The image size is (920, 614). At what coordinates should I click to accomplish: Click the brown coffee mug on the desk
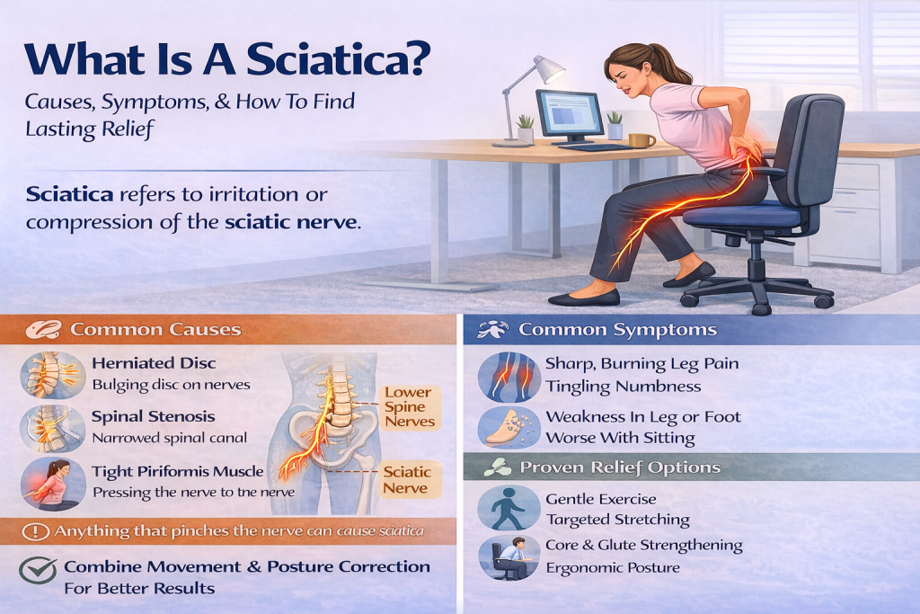click(641, 139)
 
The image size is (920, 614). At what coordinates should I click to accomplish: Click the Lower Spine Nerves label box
click(409, 406)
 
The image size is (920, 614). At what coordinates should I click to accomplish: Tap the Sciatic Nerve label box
click(408, 478)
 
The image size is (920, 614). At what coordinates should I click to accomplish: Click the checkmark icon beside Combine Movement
click(38, 570)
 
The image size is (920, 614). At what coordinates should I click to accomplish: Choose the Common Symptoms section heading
click(617, 330)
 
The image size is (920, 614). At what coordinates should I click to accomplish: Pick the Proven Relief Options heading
click(619, 467)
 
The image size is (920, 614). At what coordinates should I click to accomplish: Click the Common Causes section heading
click(155, 330)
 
